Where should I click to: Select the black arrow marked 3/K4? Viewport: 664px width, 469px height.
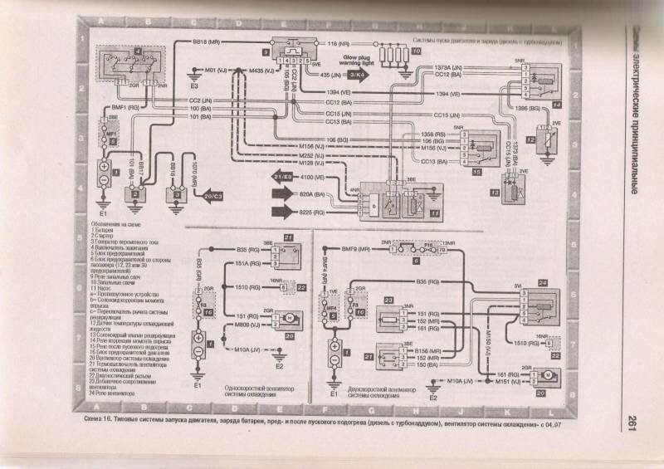(x=364, y=76)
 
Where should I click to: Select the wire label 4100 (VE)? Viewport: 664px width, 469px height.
(x=322, y=177)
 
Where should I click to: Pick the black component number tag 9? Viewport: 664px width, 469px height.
(x=266, y=52)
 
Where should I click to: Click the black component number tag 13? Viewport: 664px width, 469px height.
(x=493, y=193)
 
